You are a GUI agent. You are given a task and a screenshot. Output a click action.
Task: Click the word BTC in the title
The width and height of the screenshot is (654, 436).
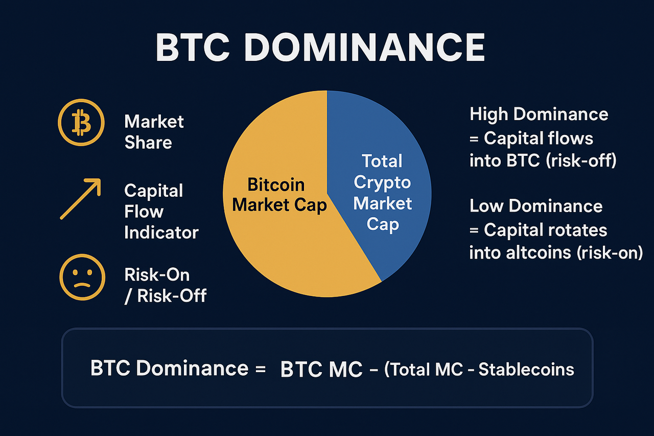(x=193, y=47)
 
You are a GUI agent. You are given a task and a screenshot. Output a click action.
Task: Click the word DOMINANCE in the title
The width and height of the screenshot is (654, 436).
(x=365, y=47)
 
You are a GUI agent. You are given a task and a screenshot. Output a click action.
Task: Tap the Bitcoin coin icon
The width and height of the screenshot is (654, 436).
(x=81, y=122)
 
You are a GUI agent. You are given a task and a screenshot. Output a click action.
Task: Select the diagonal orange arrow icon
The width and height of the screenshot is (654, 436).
(x=81, y=199)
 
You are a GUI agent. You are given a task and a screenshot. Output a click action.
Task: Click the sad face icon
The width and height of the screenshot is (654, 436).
(x=82, y=277)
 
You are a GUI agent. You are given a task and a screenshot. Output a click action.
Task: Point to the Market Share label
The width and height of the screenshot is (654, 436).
(x=154, y=132)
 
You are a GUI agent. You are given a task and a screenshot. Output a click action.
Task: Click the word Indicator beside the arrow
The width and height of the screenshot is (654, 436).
(x=161, y=233)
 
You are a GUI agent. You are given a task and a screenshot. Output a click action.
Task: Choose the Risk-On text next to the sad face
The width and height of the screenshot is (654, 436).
(x=157, y=275)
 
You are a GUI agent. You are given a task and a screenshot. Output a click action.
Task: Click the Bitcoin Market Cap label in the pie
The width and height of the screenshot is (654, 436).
(x=279, y=195)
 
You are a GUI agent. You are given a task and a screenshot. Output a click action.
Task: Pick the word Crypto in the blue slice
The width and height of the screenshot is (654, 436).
(x=382, y=182)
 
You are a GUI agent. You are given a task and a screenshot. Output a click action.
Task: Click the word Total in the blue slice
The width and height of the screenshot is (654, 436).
(x=382, y=161)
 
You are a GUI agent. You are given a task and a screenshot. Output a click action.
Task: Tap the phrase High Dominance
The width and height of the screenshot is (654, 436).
(x=539, y=114)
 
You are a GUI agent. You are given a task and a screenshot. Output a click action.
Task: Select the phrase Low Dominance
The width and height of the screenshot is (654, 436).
(x=536, y=206)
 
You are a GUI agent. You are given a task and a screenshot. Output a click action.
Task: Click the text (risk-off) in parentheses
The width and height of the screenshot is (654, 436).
(x=581, y=160)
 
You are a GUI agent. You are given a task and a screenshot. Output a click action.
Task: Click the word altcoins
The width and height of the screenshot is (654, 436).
(x=539, y=253)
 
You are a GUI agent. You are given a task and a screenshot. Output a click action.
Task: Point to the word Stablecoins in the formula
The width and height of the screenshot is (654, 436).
(x=526, y=370)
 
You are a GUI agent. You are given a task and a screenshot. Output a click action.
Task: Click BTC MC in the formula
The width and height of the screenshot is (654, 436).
(x=321, y=370)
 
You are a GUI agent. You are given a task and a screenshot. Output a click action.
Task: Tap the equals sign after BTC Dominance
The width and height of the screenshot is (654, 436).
(x=261, y=369)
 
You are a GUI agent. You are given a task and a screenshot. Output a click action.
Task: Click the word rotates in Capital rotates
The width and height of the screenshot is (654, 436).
(x=576, y=230)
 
